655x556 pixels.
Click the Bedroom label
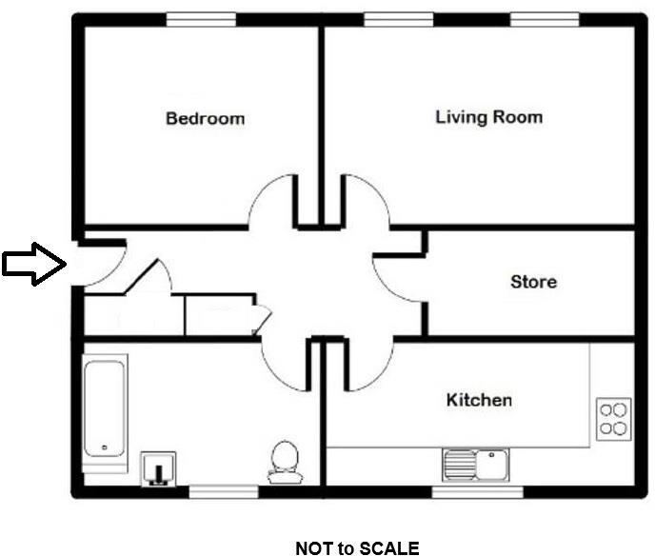click(x=205, y=119)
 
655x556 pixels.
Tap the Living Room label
click(x=488, y=117)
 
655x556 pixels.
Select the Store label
click(x=533, y=282)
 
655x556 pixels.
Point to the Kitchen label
click(x=479, y=400)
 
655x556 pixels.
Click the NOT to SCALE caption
click(x=357, y=547)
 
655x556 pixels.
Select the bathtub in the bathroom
click(x=104, y=407)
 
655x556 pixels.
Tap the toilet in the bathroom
click(x=284, y=459)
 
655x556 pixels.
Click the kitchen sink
click(x=475, y=465)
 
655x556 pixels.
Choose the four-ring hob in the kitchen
click(x=613, y=419)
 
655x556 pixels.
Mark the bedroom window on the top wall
click(x=201, y=19)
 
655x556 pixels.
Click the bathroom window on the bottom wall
click(x=223, y=491)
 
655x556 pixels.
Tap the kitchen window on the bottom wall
click(x=477, y=491)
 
